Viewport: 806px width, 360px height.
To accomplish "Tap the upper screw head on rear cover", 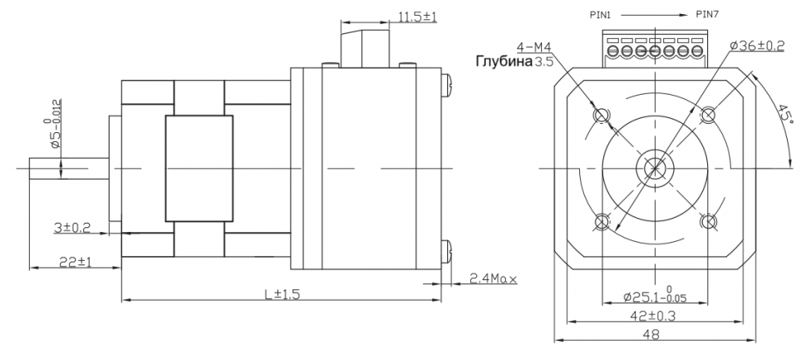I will point(448,83).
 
